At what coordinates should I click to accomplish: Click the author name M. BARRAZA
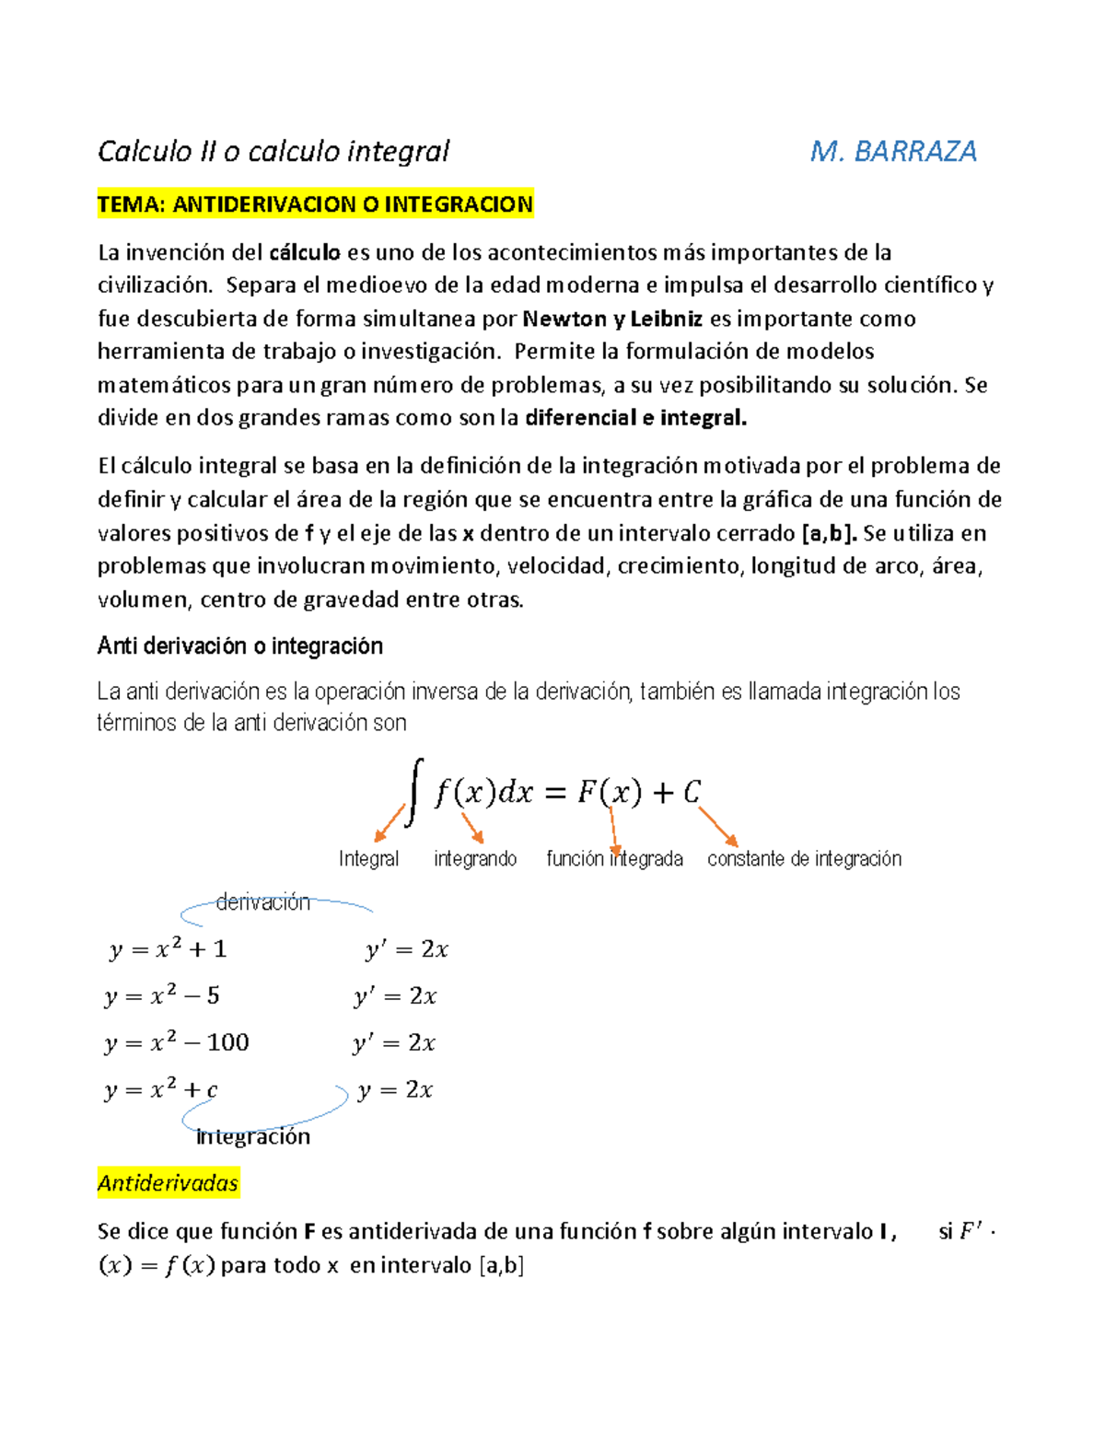pyautogui.click(x=892, y=151)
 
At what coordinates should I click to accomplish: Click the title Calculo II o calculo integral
pyautogui.click(x=273, y=151)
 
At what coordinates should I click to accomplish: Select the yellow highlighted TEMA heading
pyautogui.click(x=315, y=204)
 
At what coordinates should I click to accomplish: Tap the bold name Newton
pyautogui.click(x=564, y=320)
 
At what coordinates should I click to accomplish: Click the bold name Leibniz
pyautogui.click(x=666, y=320)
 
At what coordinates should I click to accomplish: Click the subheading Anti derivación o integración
pyautogui.click(x=239, y=646)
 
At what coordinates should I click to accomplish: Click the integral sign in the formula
pyautogui.click(x=415, y=791)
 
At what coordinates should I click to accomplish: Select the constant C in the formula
pyautogui.click(x=692, y=792)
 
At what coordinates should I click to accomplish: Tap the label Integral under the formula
pyautogui.click(x=368, y=859)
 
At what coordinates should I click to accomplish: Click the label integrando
pyautogui.click(x=474, y=859)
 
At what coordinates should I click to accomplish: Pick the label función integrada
pyautogui.click(x=614, y=859)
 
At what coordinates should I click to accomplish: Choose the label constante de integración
pyautogui.click(x=804, y=859)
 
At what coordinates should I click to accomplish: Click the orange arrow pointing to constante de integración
pyautogui.click(x=718, y=826)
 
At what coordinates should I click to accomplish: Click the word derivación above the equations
pyautogui.click(x=262, y=902)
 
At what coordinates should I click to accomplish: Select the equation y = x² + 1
pyautogui.click(x=168, y=949)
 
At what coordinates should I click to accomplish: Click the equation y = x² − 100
pyautogui.click(x=176, y=1042)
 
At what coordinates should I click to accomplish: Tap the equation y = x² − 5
pyautogui.click(x=162, y=996)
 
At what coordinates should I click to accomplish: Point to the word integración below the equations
pyautogui.click(x=253, y=1136)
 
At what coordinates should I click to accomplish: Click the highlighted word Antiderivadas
pyautogui.click(x=168, y=1183)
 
